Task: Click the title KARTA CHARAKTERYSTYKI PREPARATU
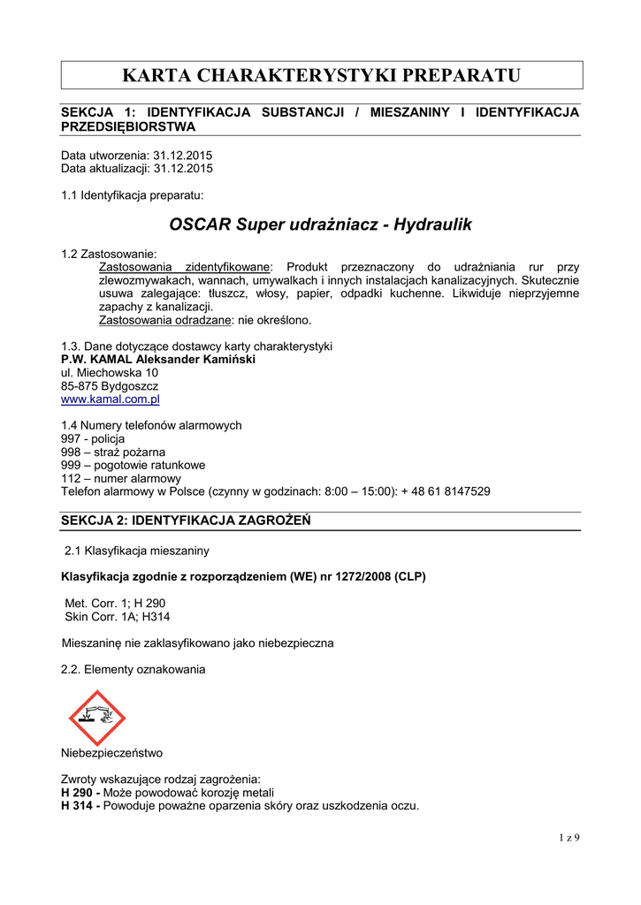[321, 75]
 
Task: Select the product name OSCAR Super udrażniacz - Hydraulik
[320, 224]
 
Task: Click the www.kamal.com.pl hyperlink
[110, 399]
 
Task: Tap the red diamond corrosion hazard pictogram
[98, 719]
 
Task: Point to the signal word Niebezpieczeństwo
[111, 754]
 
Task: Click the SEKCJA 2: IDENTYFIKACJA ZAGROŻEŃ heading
[185, 521]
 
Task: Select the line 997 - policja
[93, 438]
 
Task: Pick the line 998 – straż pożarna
[113, 452]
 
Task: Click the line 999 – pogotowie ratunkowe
[133, 465]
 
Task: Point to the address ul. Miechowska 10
[110, 373]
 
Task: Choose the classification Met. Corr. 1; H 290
[115, 603]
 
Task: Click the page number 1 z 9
[569, 837]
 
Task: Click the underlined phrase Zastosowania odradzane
[164, 320]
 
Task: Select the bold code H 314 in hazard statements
[78, 805]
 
